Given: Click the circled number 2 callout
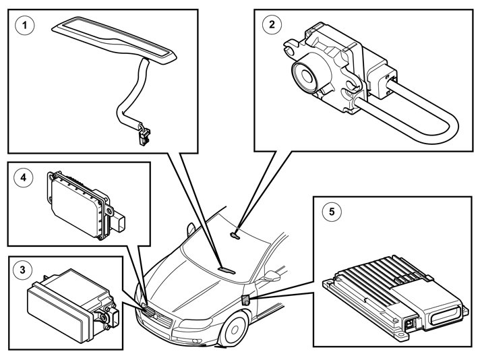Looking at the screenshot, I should coord(271,25).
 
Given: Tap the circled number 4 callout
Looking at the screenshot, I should coord(24,178).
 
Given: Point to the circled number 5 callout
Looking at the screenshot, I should coord(331,211).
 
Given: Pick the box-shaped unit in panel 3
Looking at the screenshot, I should coord(64,303).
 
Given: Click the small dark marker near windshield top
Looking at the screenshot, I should coord(235,235).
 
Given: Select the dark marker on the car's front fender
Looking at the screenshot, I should coord(245,299).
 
